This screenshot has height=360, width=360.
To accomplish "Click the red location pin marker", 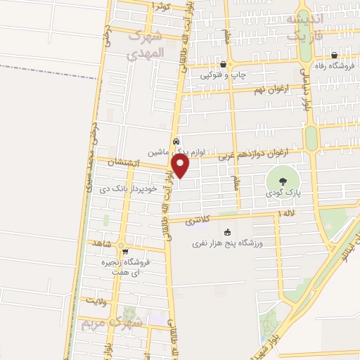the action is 181,166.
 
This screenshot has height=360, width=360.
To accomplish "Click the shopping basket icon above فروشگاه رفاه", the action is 334,56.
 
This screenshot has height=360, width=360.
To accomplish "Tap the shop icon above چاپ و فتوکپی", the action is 222,63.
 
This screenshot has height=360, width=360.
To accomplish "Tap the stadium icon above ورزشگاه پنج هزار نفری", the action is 226,233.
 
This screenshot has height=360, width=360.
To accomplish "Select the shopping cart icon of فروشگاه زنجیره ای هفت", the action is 125,252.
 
